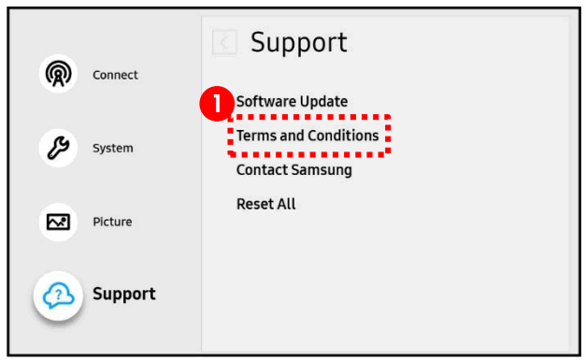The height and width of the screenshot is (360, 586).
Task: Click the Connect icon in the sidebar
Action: pos(57,75)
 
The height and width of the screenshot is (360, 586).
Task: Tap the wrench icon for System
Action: pos(57,148)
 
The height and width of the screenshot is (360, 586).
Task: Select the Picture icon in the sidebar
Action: pos(57,222)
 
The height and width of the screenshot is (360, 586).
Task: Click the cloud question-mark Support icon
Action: pos(58,295)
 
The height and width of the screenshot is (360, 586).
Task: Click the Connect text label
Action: pos(115,75)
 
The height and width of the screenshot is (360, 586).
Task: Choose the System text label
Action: pos(112,148)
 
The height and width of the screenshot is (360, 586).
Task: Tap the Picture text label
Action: pos(112,222)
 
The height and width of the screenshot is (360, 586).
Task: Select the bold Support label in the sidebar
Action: pos(124,295)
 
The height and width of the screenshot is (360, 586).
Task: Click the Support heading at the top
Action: pos(299,42)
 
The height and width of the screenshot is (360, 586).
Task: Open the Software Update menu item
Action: pos(292,101)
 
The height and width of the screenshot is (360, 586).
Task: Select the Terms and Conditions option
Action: pos(307,136)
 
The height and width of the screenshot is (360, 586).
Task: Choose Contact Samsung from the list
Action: pos(293,170)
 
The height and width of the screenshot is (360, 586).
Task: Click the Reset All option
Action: pos(266,204)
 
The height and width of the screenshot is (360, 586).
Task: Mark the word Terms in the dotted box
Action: pos(254,136)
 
